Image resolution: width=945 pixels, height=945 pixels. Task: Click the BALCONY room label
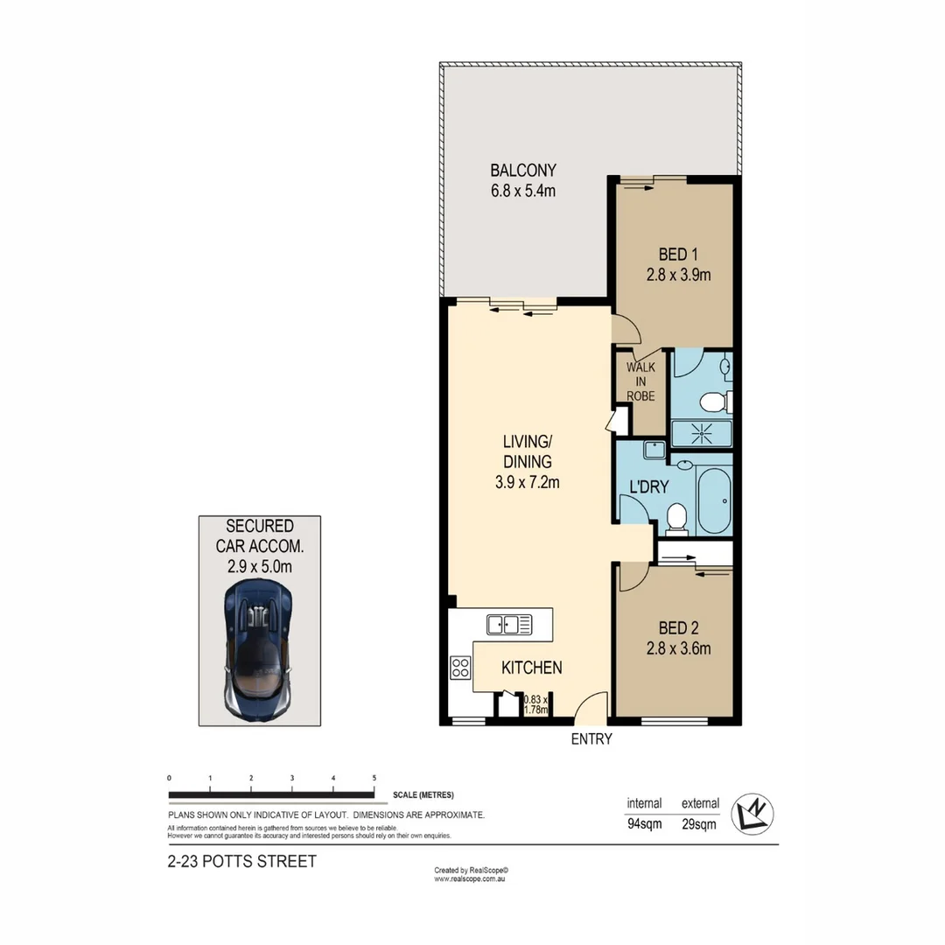(x=522, y=170)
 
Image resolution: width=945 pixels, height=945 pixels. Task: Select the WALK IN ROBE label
(x=640, y=382)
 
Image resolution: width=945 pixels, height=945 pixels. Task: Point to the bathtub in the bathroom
(x=712, y=501)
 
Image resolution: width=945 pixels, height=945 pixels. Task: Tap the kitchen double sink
(x=508, y=625)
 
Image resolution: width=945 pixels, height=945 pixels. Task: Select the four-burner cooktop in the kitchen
(x=460, y=668)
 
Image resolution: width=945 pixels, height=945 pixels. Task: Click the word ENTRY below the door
(x=591, y=739)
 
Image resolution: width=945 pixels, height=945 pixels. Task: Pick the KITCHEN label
(x=531, y=668)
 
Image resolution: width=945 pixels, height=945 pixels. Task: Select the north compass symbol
(x=752, y=814)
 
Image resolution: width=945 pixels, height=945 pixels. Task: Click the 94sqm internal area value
(x=643, y=823)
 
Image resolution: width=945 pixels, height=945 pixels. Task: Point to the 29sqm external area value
(x=700, y=823)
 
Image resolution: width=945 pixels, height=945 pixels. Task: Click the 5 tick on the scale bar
(x=374, y=778)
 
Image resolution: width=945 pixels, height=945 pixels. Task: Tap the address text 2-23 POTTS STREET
(x=241, y=861)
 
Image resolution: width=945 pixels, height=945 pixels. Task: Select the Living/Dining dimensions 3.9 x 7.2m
(x=523, y=481)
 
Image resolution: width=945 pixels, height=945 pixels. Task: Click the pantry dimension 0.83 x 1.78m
(x=535, y=705)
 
